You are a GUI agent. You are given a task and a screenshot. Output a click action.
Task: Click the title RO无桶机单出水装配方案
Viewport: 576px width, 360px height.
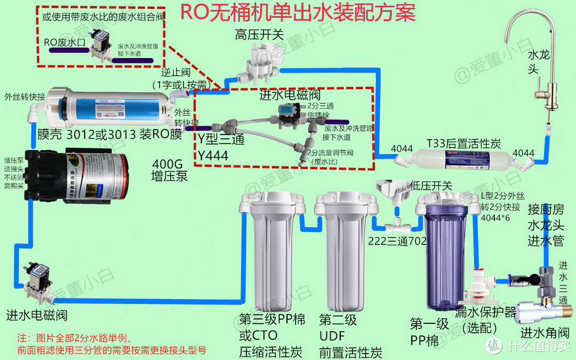298,12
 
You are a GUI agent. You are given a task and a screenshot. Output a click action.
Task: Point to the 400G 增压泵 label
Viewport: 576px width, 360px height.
170,170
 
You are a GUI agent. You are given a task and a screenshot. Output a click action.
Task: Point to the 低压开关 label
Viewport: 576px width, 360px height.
431,186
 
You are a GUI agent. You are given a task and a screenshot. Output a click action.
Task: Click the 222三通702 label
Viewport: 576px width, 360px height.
397,241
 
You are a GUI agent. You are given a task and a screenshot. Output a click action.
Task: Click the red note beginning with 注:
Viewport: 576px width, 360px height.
112,344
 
